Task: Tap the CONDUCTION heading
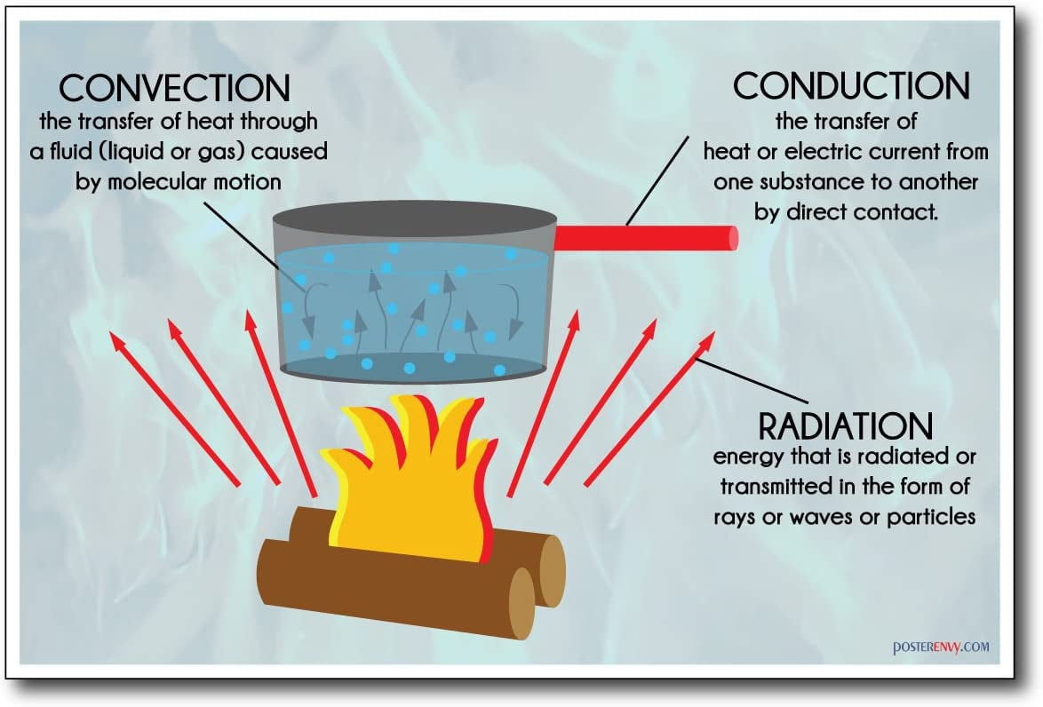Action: pyautogui.click(x=850, y=85)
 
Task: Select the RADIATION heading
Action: pyautogui.click(x=845, y=426)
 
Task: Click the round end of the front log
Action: pyautogui.click(x=521, y=603)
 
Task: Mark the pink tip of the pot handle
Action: pyautogui.click(x=734, y=237)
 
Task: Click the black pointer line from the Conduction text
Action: pyautogui.click(x=658, y=179)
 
